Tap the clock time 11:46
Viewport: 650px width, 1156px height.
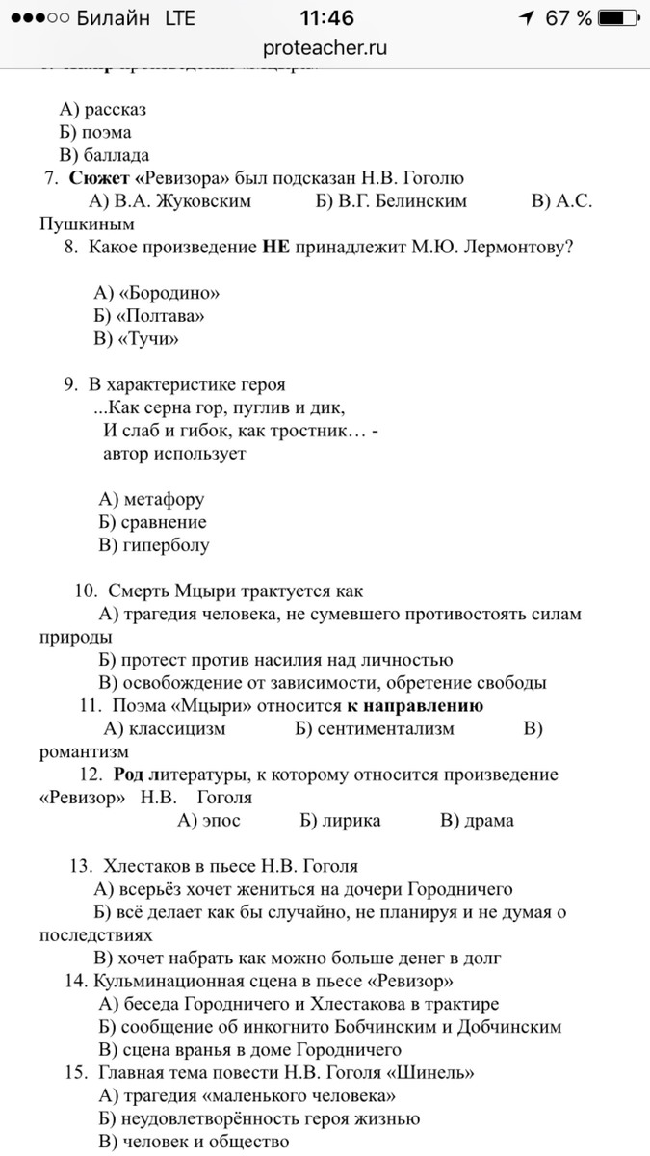point(326,18)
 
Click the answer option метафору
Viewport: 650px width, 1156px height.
point(163,499)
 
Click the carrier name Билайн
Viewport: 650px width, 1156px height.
point(115,18)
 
